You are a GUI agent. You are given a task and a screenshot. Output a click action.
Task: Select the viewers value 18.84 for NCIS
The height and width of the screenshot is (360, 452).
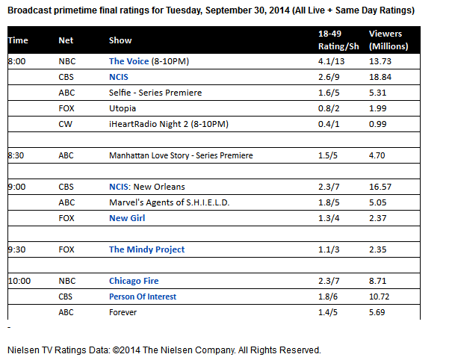click(381, 77)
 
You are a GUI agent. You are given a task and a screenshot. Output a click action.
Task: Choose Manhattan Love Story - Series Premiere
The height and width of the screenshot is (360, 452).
click(181, 155)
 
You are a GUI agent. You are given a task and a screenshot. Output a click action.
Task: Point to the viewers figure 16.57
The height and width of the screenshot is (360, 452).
click(381, 187)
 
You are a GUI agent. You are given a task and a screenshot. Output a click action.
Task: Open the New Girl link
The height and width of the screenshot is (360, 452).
click(127, 218)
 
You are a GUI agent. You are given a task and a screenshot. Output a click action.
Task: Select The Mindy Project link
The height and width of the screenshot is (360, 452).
click(146, 249)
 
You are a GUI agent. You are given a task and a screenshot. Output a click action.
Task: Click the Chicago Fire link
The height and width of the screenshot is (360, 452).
click(134, 281)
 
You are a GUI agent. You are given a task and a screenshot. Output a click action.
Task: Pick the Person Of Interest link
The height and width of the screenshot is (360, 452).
click(143, 297)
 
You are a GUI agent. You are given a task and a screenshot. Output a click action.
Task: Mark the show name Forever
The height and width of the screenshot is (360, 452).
click(123, 312)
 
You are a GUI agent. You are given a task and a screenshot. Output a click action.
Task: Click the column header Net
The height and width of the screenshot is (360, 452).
click(66, 40)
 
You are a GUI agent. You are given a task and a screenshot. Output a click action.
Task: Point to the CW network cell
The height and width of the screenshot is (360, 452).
click(65, 124)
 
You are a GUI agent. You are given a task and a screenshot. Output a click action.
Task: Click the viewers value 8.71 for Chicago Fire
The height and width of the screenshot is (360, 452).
click(379, 281)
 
